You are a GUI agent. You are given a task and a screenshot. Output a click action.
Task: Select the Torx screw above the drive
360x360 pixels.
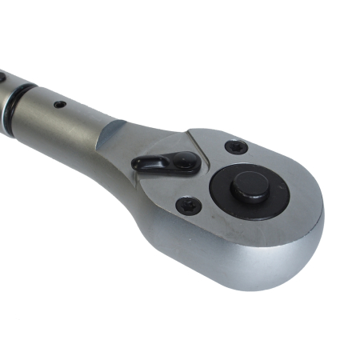[x=235, y=147]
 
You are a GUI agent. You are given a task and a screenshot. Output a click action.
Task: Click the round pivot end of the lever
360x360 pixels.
[x=185, y=162]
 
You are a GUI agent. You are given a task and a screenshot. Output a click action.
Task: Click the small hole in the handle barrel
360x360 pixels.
[x=60, y=103]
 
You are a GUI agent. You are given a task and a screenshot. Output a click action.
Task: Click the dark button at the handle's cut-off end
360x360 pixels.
[x=2, y=78]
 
